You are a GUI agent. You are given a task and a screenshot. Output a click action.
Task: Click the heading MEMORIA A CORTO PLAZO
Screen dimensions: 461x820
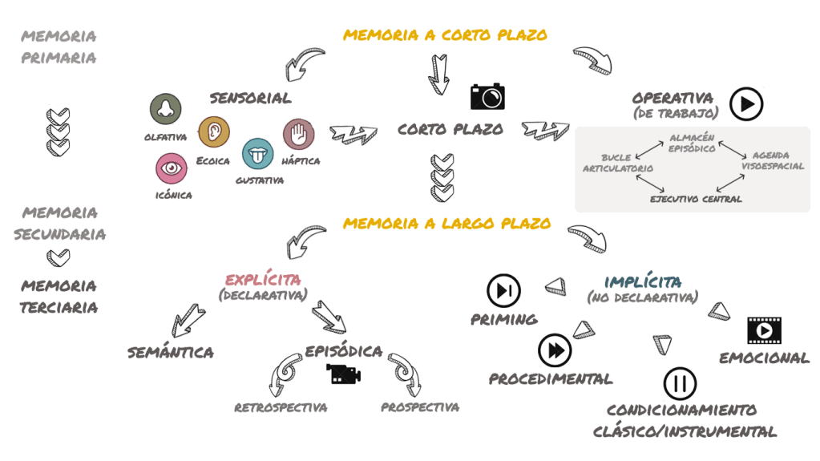tap(445, 35)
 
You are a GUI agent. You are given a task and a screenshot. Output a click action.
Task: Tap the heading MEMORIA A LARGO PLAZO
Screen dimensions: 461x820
tap(446, 223)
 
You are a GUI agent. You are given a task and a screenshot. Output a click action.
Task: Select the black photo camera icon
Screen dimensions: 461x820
tap(487, 96)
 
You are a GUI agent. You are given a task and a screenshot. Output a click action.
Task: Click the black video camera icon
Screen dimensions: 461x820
tap(343, 373)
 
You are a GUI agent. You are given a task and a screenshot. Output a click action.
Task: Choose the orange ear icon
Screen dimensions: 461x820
tap(214, 131)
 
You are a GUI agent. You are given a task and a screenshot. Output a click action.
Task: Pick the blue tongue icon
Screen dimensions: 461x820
tap(258, 152)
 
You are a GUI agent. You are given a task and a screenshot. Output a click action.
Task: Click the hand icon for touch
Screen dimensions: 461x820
tap(298, 134)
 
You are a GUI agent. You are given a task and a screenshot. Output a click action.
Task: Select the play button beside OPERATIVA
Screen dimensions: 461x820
tap(746, 103)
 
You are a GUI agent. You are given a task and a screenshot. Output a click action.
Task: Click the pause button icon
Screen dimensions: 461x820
tap(680, 383)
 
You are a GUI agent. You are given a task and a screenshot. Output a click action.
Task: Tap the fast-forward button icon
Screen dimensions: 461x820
tap(555, 350)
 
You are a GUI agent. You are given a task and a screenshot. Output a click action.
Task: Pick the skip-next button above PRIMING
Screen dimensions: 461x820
tap(504, 290)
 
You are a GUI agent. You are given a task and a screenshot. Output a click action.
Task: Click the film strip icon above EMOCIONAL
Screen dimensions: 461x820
tap(764, 330)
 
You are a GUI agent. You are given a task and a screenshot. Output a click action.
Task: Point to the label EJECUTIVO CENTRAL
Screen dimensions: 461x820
tap(696, 199)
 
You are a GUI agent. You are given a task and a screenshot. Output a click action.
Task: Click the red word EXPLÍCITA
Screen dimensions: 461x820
tap(263, 281)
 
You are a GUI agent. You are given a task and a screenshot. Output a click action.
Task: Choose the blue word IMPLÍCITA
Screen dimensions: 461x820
tap(644, 281)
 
